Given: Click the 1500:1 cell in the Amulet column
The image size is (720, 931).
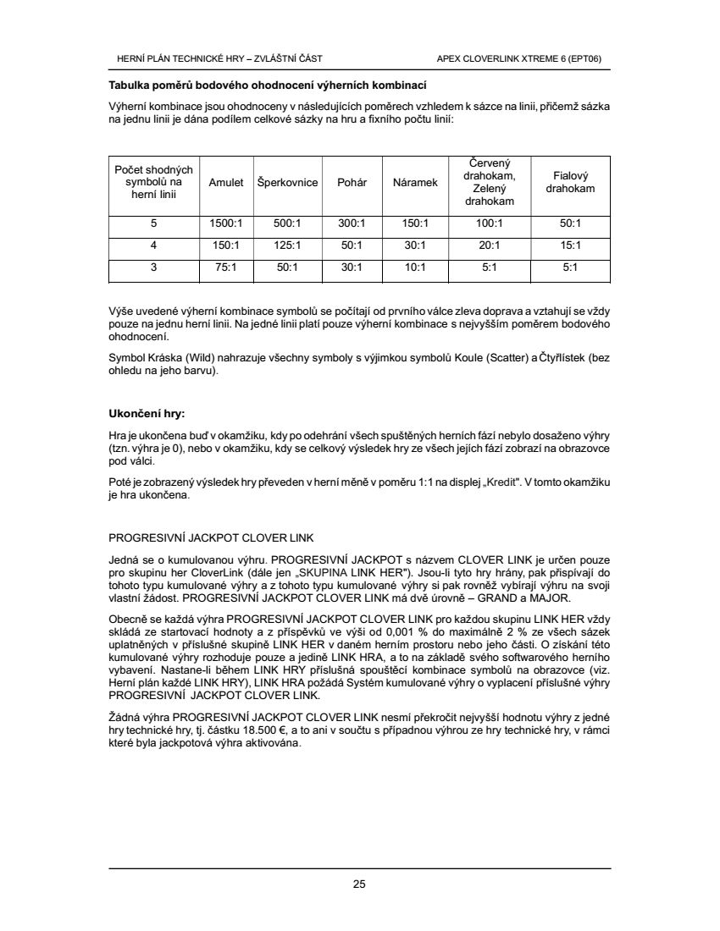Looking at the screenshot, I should [x=226, y=224].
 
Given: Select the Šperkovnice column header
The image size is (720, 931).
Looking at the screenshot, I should [x=287, y=183].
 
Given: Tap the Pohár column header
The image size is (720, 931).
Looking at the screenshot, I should [x=352, y=183].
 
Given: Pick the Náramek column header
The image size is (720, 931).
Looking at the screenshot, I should [x=416, y=183].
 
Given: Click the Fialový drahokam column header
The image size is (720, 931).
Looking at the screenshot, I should [x=570, y=182].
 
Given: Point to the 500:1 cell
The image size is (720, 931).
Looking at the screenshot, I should [x=287, y=224].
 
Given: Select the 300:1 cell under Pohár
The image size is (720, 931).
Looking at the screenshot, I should [x=352, y=224].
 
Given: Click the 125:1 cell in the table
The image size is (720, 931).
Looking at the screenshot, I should [x=287, y=245].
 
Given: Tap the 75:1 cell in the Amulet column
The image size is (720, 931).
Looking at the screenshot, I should [x=226, y=267].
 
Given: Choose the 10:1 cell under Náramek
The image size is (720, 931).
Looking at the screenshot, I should [x=416, y=267].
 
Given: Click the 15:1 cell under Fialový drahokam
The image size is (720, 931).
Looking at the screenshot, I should [x=570, y=245].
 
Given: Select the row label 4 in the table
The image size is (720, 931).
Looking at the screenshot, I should [x=153, y=245].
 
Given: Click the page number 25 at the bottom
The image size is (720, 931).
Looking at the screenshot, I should [x=359, y=885].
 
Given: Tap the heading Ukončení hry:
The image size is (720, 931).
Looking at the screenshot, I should [x=147, y=414].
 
